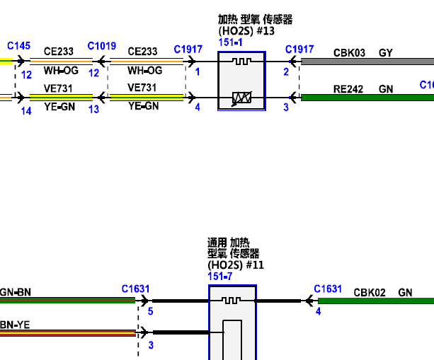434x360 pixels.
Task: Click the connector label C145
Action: point(19,46)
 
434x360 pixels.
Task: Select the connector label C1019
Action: point(102,46)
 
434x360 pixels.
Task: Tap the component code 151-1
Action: point(230,43)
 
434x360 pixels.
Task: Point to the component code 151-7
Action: point(219,277)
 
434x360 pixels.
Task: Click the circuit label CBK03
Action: point(349,52)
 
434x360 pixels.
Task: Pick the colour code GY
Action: point(386,52)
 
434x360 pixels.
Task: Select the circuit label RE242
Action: point(349,88)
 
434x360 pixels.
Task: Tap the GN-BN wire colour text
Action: point(16,291)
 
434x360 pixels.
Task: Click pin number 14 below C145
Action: point(26,110)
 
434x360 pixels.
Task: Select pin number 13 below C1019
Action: point(93,110)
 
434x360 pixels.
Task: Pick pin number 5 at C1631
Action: point(150,311)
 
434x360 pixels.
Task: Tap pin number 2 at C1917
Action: point(286,71)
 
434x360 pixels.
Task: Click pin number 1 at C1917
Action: point(198,71)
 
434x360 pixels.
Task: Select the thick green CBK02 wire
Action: point(375,301)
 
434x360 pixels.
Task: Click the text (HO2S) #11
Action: point(236,265)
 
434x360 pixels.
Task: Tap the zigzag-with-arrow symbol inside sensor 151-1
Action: point(242,98)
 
